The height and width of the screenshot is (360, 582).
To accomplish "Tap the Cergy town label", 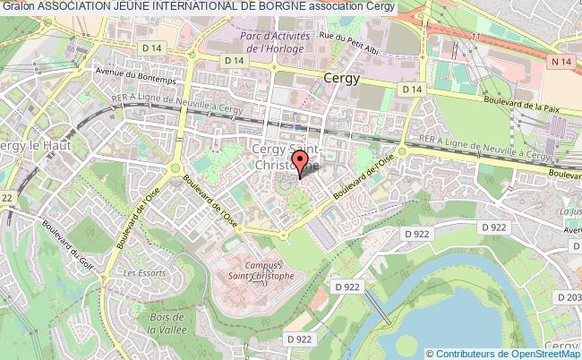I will coord(340,78).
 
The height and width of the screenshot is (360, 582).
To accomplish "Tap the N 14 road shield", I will coord(561,61).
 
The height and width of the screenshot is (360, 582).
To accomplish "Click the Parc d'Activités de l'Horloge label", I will coord(275,41).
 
